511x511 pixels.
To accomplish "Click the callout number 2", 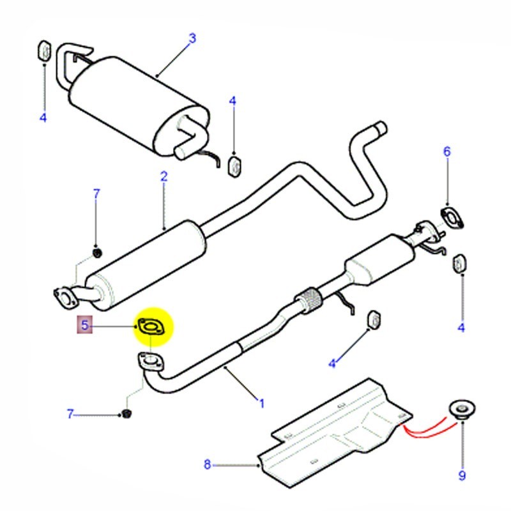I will pyautogui.click(x=164, y=176).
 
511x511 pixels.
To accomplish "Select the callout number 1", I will pyautogui.click(x=261, y=403).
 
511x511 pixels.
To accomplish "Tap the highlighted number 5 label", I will pyautogui.click(x=84, y=326).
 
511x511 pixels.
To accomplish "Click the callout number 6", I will pyautogui.click(x=447, y=152).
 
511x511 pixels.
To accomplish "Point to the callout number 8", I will pyautogui.click(x=207, y=464).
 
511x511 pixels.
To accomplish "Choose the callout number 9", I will pyautogui.click(x=461, y=475).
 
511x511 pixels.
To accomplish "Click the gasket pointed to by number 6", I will pyautogui.click(x=452, y=218).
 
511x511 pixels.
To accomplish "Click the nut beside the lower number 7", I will pyautogui.click(x=126, y=415).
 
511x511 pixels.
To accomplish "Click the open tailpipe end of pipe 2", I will pyautogui.click(x=382, y=127).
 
